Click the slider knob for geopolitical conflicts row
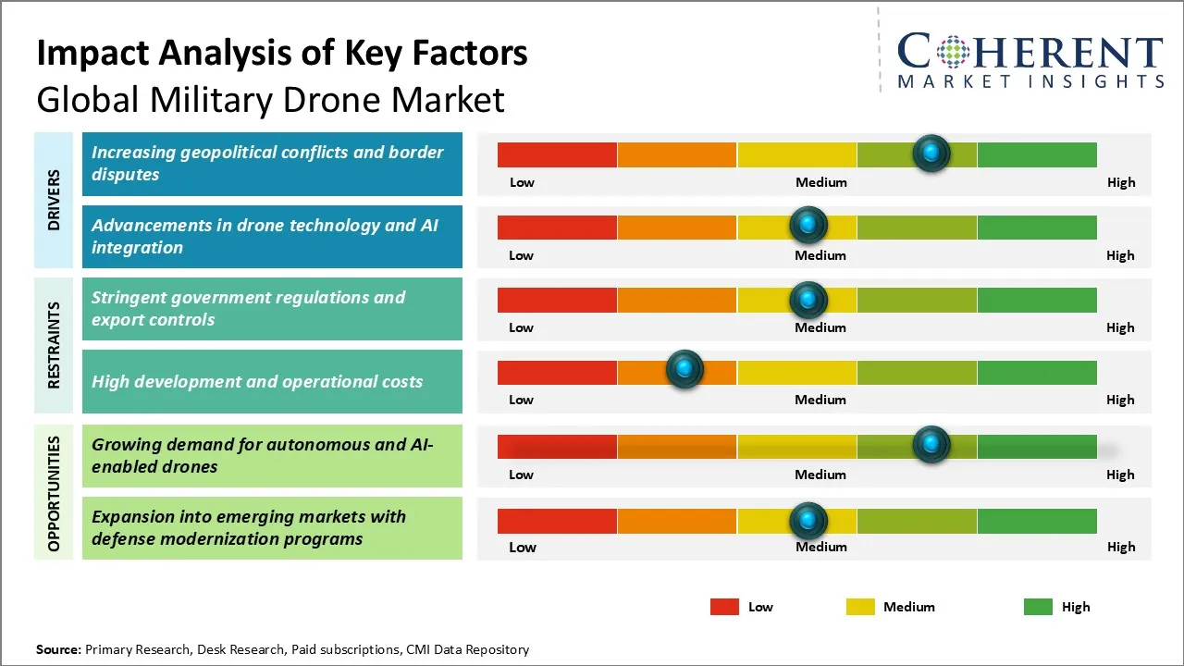[931, 153]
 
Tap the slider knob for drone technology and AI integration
[808, 225]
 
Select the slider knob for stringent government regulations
[808, 299]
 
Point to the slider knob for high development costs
[684, 370]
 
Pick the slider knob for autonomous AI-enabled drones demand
[931, 445]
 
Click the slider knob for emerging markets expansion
[808, 521]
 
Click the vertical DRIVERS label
[54, 200]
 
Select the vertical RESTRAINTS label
[54, 345]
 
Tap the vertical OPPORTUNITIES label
[54, 493]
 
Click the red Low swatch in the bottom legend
[724, 607]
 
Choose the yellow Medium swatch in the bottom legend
[860, 607]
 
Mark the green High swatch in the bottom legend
[1038, 607]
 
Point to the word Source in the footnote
[58, 649]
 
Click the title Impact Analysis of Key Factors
[282, 53]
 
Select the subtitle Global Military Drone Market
[270, 99]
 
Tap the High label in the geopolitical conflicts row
[1121, 182]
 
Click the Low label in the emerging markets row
[523, 547]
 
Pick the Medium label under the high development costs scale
[820, 400]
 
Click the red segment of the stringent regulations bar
[557, 300]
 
